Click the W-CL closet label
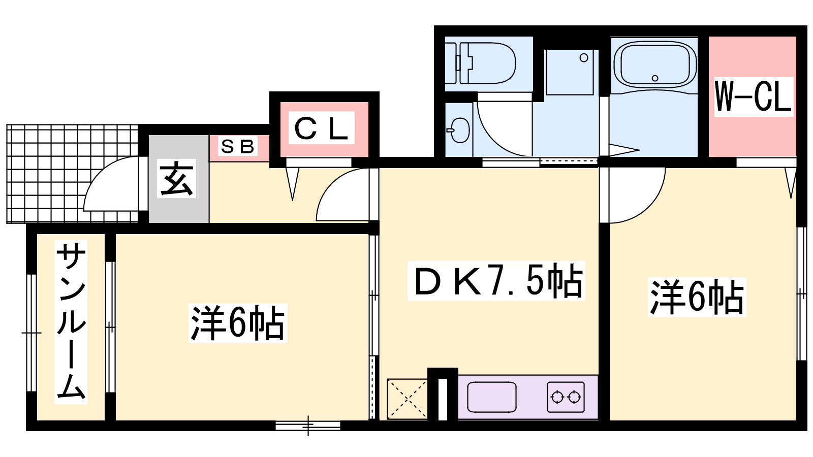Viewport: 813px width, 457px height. (x=754, y=96)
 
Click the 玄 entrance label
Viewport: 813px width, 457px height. (x=176, y=178)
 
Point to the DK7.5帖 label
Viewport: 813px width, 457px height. (x=496, y=281)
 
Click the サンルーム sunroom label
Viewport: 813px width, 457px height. (x=71, y=321)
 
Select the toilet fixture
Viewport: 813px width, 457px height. (x=480, y=63)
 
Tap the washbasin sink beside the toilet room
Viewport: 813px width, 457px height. (x=459, y=130)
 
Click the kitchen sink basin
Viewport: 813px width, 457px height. (x=492, y=397)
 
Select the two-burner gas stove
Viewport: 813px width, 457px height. (x=566, y=397)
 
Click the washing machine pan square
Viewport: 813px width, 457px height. (x=569, y=72)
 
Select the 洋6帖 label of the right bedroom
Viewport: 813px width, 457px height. (x=697, y=297)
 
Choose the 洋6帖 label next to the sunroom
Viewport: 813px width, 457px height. (x=238, y=323)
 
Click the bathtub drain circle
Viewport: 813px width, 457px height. (x=655, y=78)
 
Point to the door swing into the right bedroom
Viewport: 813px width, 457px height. (x=650, y=207)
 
